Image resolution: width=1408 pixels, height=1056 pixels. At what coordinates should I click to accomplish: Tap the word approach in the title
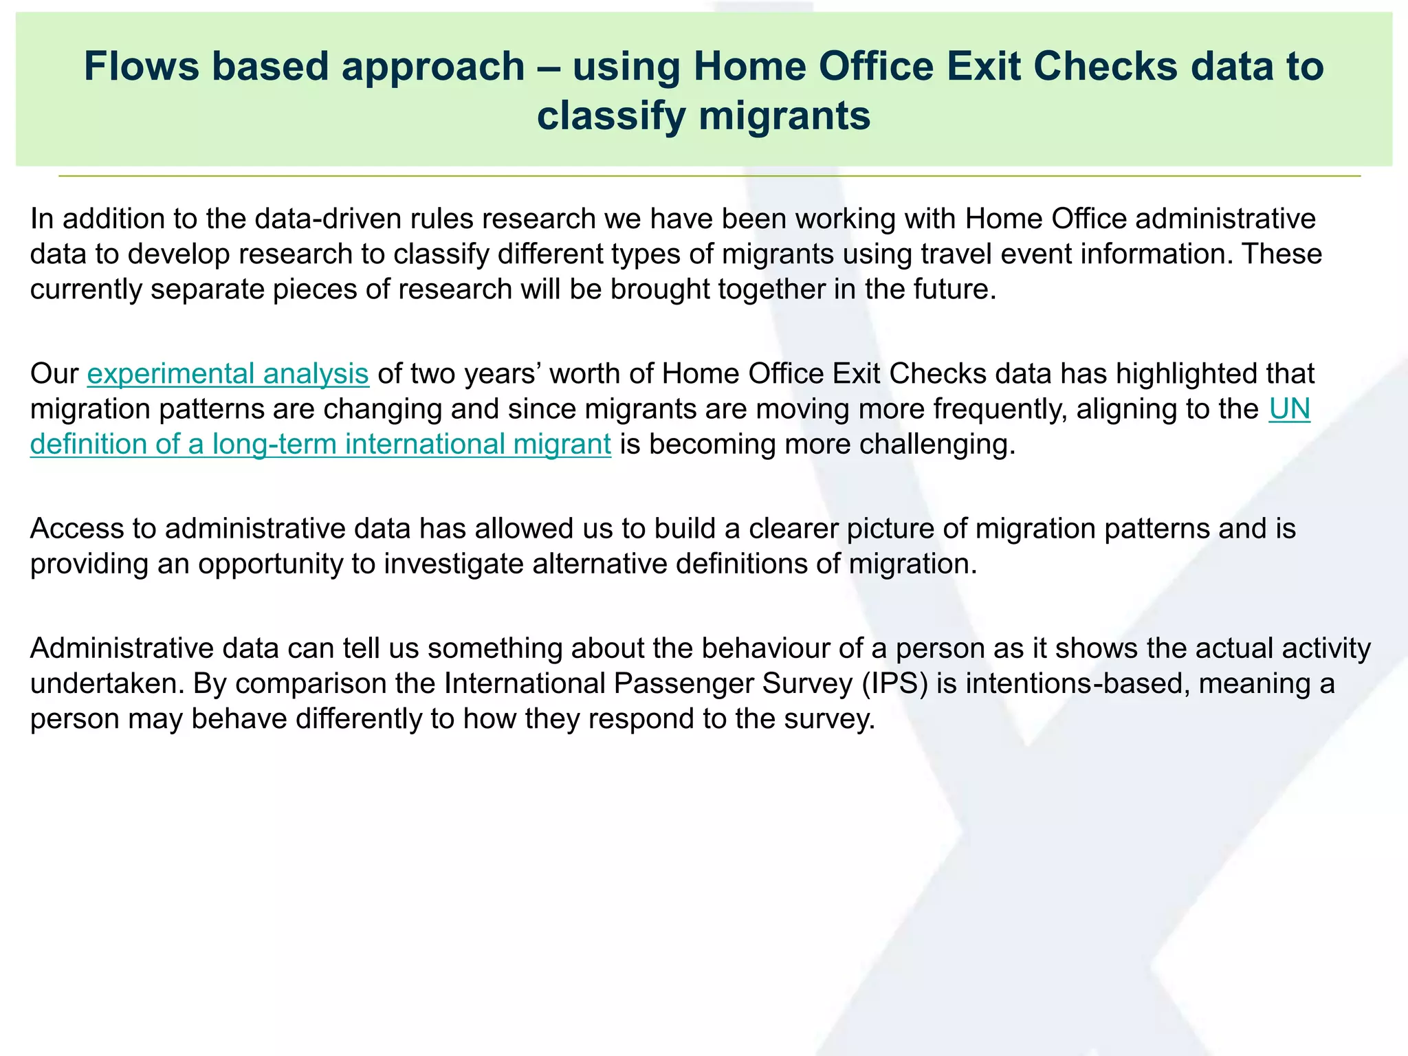tap(432, 67)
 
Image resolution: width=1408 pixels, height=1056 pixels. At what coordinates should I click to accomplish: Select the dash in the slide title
tap(549, 67)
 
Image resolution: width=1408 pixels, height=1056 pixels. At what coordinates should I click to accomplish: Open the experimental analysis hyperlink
tap(228, 373)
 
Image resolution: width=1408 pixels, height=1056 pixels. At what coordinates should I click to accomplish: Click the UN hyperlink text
tap(1289, 408)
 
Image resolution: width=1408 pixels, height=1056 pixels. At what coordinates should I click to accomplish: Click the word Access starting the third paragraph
tap(77, 529)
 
